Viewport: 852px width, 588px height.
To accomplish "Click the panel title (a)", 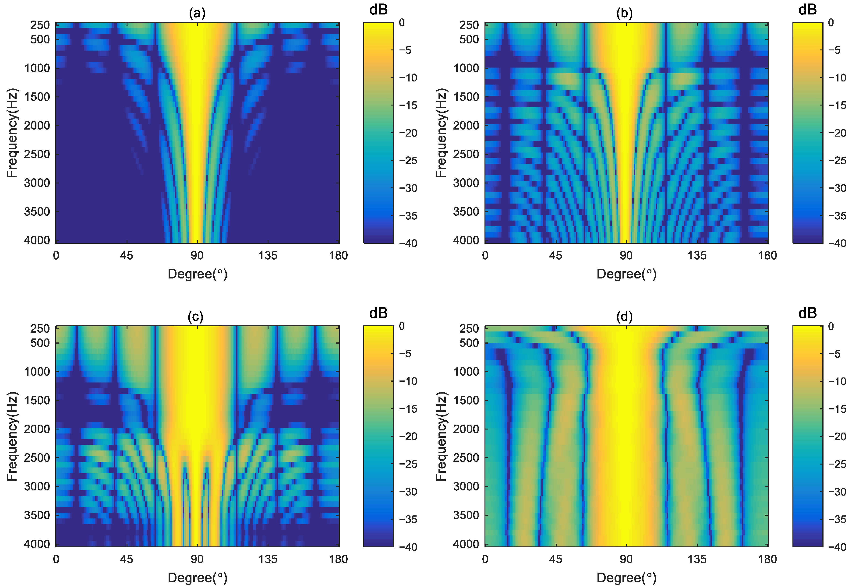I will (197, 13).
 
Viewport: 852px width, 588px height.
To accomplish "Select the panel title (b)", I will (624, 13).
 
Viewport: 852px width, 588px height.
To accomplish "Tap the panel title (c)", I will (195, 317).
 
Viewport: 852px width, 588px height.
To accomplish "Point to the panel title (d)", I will (624, 317).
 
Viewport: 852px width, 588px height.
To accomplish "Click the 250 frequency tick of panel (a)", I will (40, 25).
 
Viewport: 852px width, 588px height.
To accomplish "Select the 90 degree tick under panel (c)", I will (197, 559).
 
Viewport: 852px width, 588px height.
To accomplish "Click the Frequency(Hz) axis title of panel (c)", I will (12, 436).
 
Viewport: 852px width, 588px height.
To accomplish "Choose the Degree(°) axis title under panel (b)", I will (626, 274).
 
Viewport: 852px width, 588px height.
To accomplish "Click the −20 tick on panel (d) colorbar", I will (837, 437).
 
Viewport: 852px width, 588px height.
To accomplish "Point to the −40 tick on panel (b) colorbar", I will (837, 243).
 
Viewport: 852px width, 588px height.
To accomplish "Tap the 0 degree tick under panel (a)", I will (56, 256).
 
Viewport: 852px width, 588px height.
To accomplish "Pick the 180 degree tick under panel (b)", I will (768, 256).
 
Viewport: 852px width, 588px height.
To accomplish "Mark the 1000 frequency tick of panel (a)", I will (37, 68).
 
